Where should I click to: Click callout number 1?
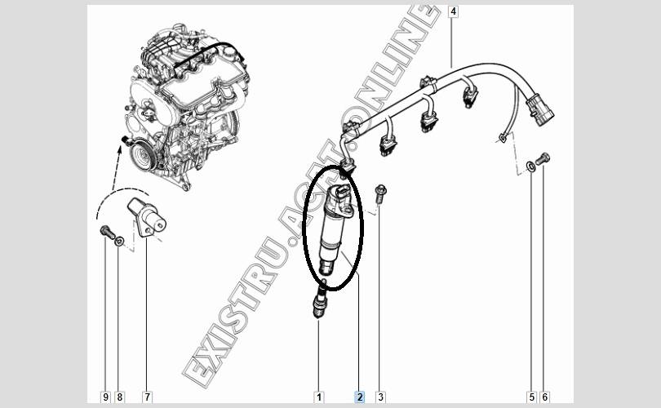tap(319, 397)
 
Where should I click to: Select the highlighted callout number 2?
tap(360, 397)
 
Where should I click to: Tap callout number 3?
tap(380, 397)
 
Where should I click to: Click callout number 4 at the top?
tap(453, 11)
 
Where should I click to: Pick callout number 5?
tap(531, 397)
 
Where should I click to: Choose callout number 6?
tap(544, 397)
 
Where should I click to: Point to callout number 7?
tap(147, 397)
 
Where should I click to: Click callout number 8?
tap(119, 397)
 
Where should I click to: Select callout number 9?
tap(105, 397)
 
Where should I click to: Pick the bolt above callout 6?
tap(543, 159)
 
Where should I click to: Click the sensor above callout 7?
tap(147, 217)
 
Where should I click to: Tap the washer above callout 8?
tap(119, 242)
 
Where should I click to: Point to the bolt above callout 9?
tap(107, 233)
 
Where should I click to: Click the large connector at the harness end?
tap(539, 110)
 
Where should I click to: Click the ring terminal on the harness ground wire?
tap(502, 137)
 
